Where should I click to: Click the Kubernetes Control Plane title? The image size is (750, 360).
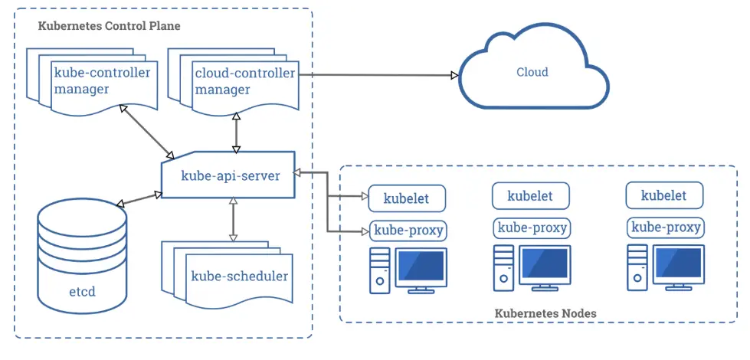click(109, 26)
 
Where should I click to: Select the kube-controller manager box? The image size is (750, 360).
click(101, 81)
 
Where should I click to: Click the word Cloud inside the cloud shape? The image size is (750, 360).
click(532, 72)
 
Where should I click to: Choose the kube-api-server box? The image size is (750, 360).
click(229, 175)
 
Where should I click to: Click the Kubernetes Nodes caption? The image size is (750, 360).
click(545, 313)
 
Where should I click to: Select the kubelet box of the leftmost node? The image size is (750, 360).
click(406, 198)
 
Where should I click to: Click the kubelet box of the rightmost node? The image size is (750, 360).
click(663, 195)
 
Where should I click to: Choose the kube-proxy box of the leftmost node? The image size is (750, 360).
click(408, 230)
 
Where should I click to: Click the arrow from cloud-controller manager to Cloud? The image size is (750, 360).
click(375, 75)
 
